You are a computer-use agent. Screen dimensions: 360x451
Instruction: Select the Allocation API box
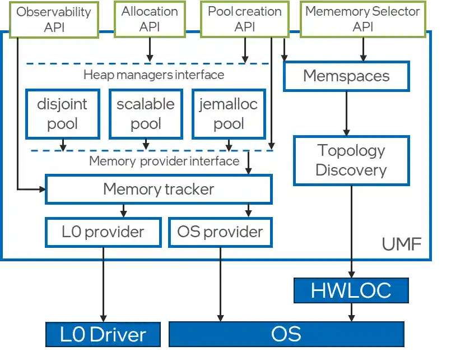click(150, 19)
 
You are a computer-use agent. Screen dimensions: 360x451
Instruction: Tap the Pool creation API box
click(244, 19)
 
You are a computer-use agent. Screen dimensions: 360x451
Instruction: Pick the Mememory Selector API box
click(362, 19)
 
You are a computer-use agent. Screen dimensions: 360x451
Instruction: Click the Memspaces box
click(346, 76)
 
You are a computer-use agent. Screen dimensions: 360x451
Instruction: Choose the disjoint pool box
click(62, 114)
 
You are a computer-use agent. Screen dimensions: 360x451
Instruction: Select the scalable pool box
click(146, 114)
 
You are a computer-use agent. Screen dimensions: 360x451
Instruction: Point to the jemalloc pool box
click(229, 114)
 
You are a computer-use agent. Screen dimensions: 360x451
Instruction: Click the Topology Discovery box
click(351, 160)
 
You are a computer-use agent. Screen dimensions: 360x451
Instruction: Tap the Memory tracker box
click(158, 190)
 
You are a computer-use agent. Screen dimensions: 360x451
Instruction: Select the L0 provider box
click(103, 232)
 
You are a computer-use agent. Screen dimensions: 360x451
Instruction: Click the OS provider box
click(220, 232)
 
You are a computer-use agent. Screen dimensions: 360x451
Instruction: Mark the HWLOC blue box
click(351, 290)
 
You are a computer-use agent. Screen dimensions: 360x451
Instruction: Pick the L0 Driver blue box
click(103, 335)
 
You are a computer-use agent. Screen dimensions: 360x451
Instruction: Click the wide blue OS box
click(286, 334)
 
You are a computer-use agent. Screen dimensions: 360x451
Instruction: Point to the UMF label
click(401, 245)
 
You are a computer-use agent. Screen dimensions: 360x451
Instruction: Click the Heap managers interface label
click(154, 75)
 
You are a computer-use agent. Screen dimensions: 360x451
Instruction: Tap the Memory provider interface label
click(164, 161)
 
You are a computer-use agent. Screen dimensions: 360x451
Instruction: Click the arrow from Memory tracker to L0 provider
click(123, 211)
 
